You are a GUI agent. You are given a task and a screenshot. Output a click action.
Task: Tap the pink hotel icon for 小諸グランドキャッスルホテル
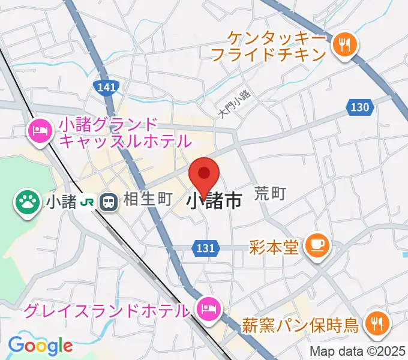tap(40, 131)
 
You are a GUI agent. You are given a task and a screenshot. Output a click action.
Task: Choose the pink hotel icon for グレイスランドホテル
tap(208, 310)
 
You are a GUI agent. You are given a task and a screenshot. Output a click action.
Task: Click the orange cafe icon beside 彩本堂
tap(314, 245)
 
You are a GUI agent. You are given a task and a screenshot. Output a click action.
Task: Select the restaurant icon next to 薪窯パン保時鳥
tap(377, 325)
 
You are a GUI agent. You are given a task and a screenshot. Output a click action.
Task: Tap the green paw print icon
tap(27, 201)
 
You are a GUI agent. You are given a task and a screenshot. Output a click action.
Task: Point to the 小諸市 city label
tap(214, 201)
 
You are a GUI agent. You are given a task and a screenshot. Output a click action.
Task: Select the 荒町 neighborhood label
tap(270, 193)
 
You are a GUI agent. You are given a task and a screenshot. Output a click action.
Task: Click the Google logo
tap(40, 346)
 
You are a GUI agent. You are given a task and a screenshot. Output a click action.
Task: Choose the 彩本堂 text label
tap(274, 246)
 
